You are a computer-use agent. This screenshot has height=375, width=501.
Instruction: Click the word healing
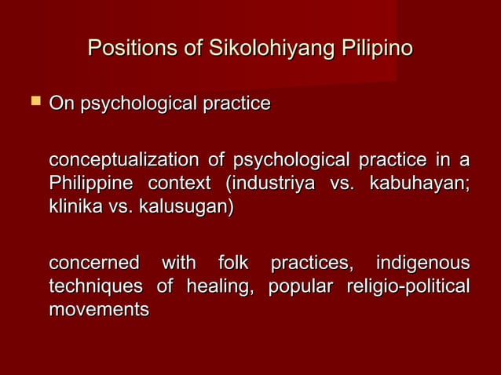221,286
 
